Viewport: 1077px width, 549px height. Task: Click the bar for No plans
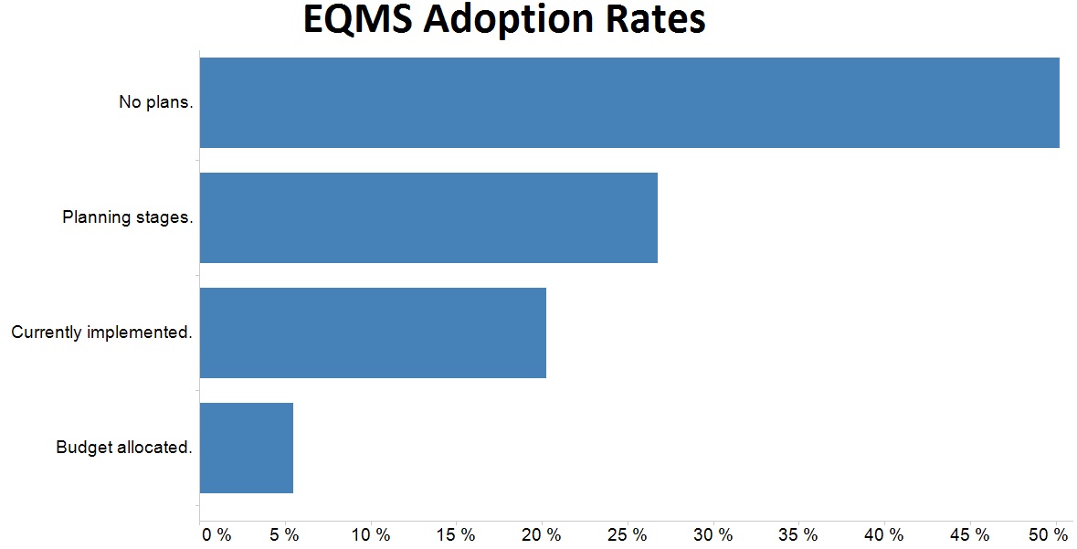[629, 102]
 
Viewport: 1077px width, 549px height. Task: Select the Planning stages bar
[428, 217]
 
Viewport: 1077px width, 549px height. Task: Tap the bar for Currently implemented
[373, 333]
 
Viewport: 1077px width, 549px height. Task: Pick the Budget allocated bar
[247, 448]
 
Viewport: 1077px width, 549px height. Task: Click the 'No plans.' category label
[156, 102]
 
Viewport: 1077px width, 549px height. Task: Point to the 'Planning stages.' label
[128, 217]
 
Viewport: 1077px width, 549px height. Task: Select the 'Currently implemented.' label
[102, 333]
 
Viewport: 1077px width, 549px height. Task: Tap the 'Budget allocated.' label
[124, 448]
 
